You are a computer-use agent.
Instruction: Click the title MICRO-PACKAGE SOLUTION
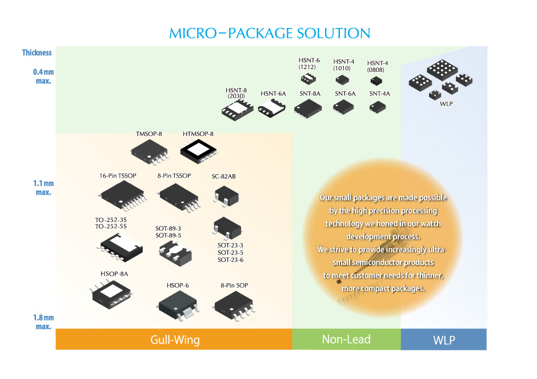tap(270, 33)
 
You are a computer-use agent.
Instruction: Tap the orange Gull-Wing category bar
tap(174, 340)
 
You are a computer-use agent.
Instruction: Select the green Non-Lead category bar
tap(346, 339)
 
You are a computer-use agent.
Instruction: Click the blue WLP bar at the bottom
tap(443, 340)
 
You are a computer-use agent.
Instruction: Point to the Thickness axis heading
tap(37, 53)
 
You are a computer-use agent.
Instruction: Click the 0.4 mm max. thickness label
tap(42, 76)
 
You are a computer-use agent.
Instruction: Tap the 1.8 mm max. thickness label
tap(42, 322)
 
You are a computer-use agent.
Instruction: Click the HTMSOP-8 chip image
tap(198, 150)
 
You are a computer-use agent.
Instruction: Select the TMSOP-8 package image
tap(149, 151)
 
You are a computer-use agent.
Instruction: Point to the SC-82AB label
tap(223, 176)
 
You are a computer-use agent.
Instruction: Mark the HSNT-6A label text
tap(273, 94)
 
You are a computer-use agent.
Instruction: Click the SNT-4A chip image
tap(379, 107)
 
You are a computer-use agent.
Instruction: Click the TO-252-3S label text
tap(111, 219)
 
